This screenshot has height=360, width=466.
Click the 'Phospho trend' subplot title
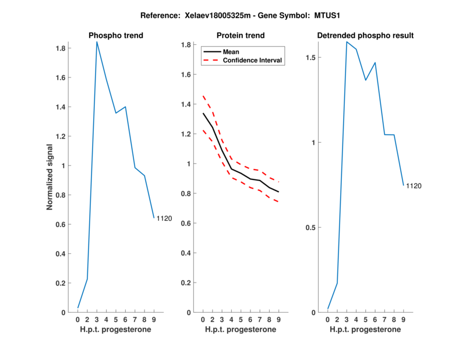coord(115,36)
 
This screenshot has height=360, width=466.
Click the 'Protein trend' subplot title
coord(240,36)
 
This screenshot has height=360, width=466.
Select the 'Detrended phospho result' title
coord(365,36)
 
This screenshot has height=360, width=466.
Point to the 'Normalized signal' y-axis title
coord(50,177)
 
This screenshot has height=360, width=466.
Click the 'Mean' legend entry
coord(231,52)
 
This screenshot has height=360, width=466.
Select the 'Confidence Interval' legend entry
coord(252,60)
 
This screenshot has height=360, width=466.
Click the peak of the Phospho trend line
coord(97,41)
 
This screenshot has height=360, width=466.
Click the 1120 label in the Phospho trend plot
coord(164,218)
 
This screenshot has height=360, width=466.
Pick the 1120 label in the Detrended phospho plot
coord(414,186)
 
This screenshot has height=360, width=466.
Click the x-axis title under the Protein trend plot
coord(240,330)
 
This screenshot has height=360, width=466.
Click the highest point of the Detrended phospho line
coord(347,41)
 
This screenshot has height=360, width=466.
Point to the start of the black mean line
coord(203,113)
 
